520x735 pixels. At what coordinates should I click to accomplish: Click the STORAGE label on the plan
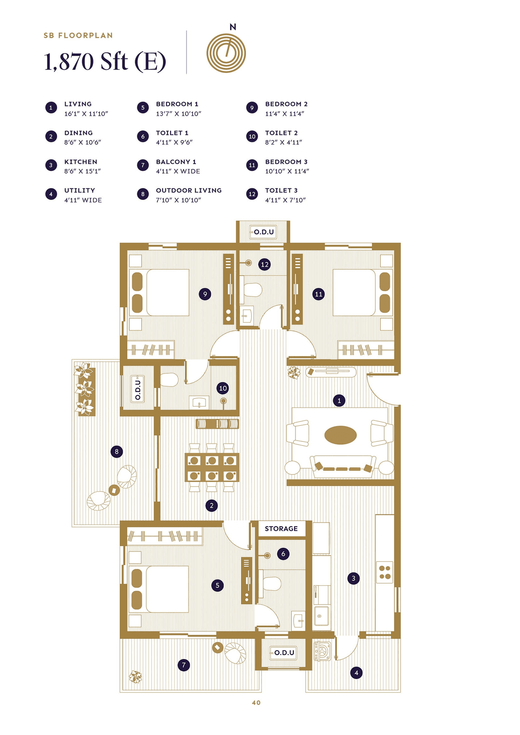pyautogui.click(x=281, y=528)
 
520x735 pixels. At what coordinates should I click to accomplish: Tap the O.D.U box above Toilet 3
pyautogui.click(x=263, y=232)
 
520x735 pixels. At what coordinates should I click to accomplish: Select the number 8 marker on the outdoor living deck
pyautogui.click(x=117, y=451)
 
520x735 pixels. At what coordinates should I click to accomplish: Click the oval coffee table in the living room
pyautogui.click(x=340, y=435)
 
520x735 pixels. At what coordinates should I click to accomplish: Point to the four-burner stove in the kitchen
pyautogui.click(x=385, y=572)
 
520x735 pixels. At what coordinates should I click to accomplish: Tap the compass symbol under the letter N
pyautogui.click(x=226, y=53)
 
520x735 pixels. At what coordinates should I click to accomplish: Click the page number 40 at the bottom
pyautogui.click(x=256, y=703)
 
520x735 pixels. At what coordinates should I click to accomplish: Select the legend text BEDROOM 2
pyautogui.click(x=286, y=104)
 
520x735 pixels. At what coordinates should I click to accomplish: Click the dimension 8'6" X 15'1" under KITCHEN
pyautogui.click(x=82, y=171)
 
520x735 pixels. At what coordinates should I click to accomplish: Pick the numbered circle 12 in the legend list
pyautogui.click(x=252, y=194)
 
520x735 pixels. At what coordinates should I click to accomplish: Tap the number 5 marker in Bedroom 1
pyautogui.click(x=217, y=585)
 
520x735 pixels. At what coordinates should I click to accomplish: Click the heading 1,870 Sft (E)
pyautogui.click(x=105, y=62)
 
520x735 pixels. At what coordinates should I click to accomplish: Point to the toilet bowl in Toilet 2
pyautogui.click(x=169, y=380)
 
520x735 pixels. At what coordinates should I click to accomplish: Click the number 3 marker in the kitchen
pyautogui.click(x=353, y=578)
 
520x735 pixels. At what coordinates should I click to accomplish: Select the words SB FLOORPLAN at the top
pyautogui.click(x=78, y=35)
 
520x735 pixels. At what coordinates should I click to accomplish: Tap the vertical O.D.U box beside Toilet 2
pyautogui.click(x=138, y=389)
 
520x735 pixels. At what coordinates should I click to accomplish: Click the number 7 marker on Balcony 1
pyautogui.click(x=184, y=665)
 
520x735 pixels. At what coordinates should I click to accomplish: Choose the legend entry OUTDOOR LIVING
pyautogui.click(x=188, y=190)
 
